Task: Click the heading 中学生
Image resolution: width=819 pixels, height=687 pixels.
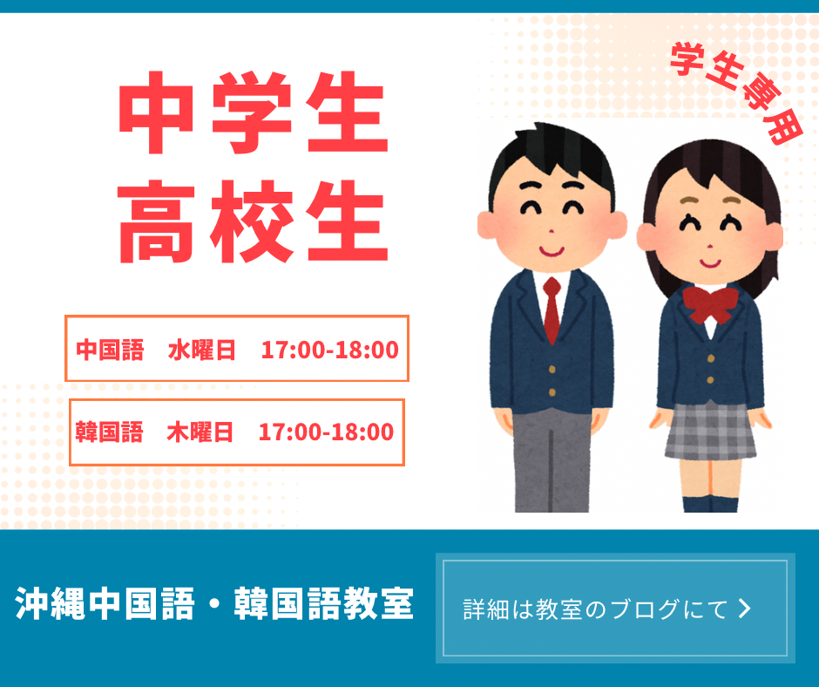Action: [x=254, y=112]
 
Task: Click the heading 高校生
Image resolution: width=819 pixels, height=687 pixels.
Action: [x=254, y=221]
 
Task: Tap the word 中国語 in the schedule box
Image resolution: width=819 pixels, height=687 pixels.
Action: [x=110, y=350]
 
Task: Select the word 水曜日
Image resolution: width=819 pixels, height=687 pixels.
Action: [x=201, y=350]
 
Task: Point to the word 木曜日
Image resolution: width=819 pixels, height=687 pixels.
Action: [x=200, y=432]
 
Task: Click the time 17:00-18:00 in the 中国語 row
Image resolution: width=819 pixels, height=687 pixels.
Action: [x=329, y=350]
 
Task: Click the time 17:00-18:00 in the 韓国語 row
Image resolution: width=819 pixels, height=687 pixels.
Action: [x=326, y=432]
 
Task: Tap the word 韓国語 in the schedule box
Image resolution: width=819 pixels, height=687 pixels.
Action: [x=109, y=432]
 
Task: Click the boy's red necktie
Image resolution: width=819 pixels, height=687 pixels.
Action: [x=552, y=309]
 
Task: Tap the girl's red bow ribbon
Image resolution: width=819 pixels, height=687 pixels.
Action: [x=710, y=304]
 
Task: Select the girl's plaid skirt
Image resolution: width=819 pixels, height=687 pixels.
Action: [x=710, y=432]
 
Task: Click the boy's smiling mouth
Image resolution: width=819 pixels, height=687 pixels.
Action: [x=552, y=252]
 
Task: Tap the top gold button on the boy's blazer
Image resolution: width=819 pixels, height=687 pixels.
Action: [x=552, y=370]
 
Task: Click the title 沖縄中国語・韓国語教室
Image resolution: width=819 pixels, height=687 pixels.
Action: [x=214, y=604]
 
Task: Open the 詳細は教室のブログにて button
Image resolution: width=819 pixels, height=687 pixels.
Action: [x=615, y=608]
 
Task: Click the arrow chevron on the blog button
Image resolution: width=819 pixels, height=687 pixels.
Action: [x=745, y=609]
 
